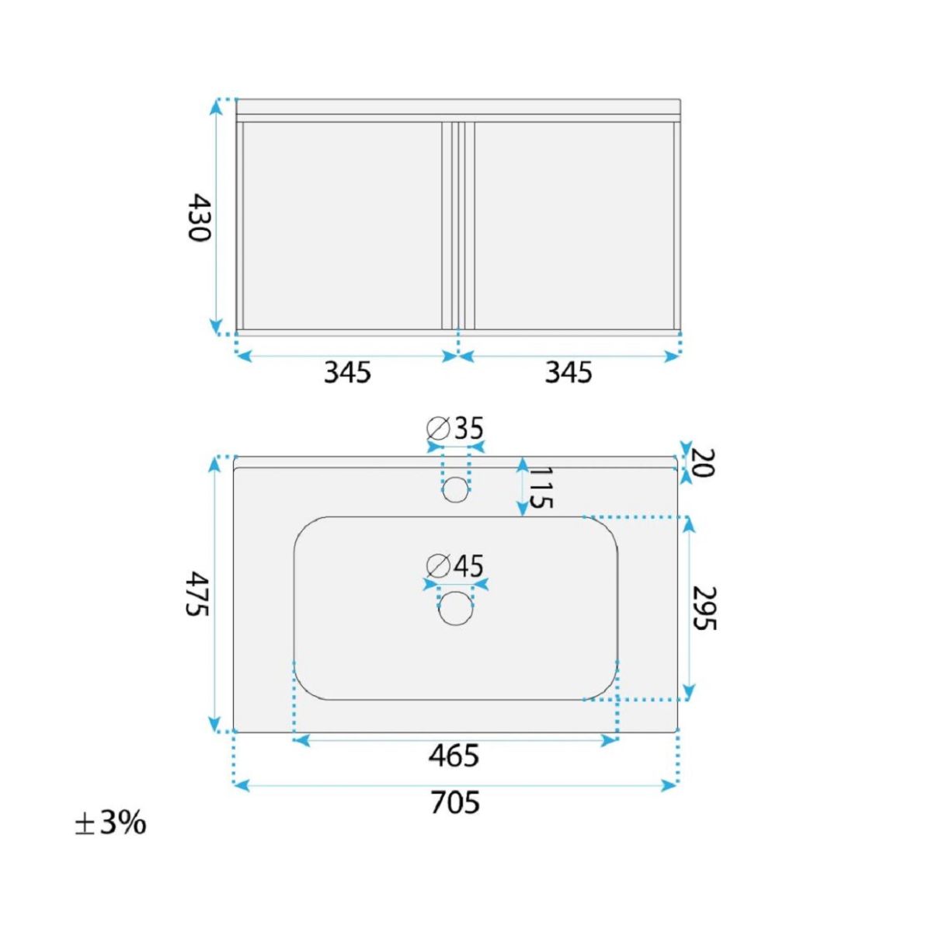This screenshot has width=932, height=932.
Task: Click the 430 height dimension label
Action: click(x=199, y=217)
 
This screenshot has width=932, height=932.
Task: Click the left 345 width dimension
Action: click(x=346, y=373)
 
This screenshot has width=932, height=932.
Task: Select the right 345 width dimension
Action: click(x=569, y=373)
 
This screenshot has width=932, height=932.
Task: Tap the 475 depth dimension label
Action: click(x=197, y=594)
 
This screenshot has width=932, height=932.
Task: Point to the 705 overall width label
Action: click(x=455, y=802)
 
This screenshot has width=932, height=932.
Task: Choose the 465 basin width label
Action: click(x=454, y=756)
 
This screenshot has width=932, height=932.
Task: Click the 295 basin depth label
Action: click(x=704, y=608)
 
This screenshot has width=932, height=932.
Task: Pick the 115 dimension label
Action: click(x=541, y=488)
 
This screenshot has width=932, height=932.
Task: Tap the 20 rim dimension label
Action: click(x=702, y=463)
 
